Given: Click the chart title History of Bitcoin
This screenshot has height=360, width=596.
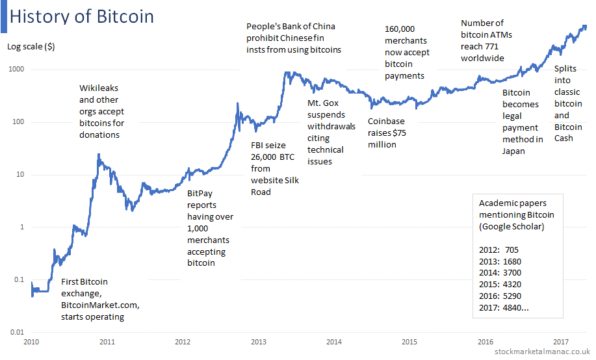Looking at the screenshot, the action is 82,17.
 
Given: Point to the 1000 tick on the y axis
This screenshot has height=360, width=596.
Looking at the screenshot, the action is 16,69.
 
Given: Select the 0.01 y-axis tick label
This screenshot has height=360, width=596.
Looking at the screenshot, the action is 17,332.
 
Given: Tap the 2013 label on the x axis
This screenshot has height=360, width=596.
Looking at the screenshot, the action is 259,342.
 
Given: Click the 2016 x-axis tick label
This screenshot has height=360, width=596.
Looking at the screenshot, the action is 486,342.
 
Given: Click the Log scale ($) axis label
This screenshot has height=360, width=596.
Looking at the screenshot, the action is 31,47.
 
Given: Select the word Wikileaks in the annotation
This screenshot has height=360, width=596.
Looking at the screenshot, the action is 99,88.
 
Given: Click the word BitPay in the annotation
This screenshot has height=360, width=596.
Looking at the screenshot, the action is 200,194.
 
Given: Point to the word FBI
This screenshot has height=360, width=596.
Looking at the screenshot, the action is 257,145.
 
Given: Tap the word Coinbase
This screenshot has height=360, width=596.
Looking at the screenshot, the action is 386,122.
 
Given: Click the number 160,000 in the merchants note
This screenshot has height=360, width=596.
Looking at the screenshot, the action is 400,29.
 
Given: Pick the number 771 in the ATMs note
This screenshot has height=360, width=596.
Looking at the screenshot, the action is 491,47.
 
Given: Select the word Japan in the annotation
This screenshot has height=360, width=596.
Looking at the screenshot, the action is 513,151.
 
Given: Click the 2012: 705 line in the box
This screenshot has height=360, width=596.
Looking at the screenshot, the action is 499,250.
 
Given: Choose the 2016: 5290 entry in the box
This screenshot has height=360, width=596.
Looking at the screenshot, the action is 500,296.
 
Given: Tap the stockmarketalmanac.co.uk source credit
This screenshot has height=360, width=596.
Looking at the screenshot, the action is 543,352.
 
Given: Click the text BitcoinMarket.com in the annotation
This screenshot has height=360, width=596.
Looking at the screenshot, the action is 100,305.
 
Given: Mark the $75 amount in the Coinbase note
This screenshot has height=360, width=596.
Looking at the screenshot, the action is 400,133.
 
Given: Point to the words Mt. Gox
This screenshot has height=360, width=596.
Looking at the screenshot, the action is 323,103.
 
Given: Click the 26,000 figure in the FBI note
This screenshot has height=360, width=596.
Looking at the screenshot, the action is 263,157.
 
